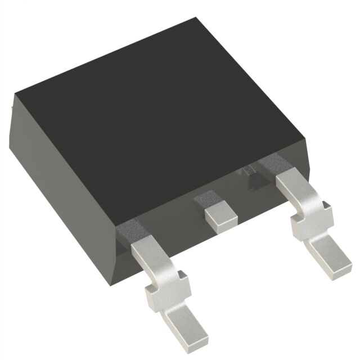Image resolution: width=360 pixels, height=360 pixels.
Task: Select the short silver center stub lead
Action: click(x=220, y=216)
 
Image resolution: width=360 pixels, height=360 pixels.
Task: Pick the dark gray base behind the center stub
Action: click(x=205, y=197)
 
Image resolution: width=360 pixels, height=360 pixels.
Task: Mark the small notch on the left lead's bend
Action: click(x=182, y=274)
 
